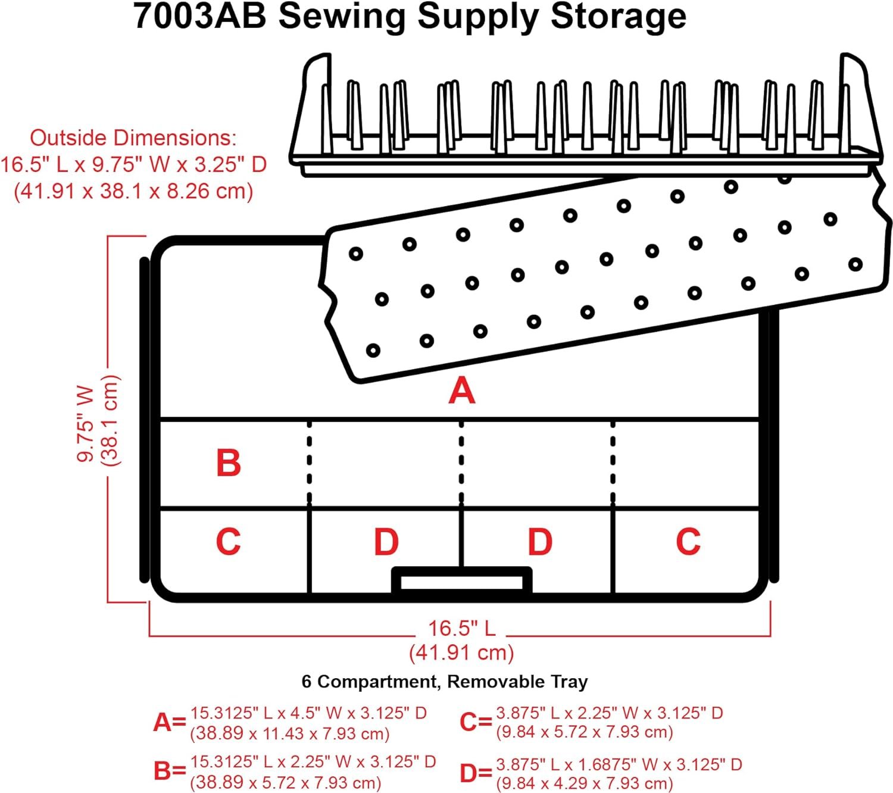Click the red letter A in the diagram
(462, 391)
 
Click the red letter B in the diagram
(229, 463)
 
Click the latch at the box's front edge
(461, 580)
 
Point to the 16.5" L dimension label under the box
(462, 628)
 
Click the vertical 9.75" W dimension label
(86, 423)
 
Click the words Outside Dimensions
(133, 138)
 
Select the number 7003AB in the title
(200, 16)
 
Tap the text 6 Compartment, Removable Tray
(445, 681)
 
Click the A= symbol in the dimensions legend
(170, 722)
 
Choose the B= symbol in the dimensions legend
(170, 771)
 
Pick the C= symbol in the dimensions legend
(476, 722)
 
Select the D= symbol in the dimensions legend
(476, 773)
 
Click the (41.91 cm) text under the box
(461, 652)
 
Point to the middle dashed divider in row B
(461, 463)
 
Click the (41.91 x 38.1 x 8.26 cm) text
(133, 191)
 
